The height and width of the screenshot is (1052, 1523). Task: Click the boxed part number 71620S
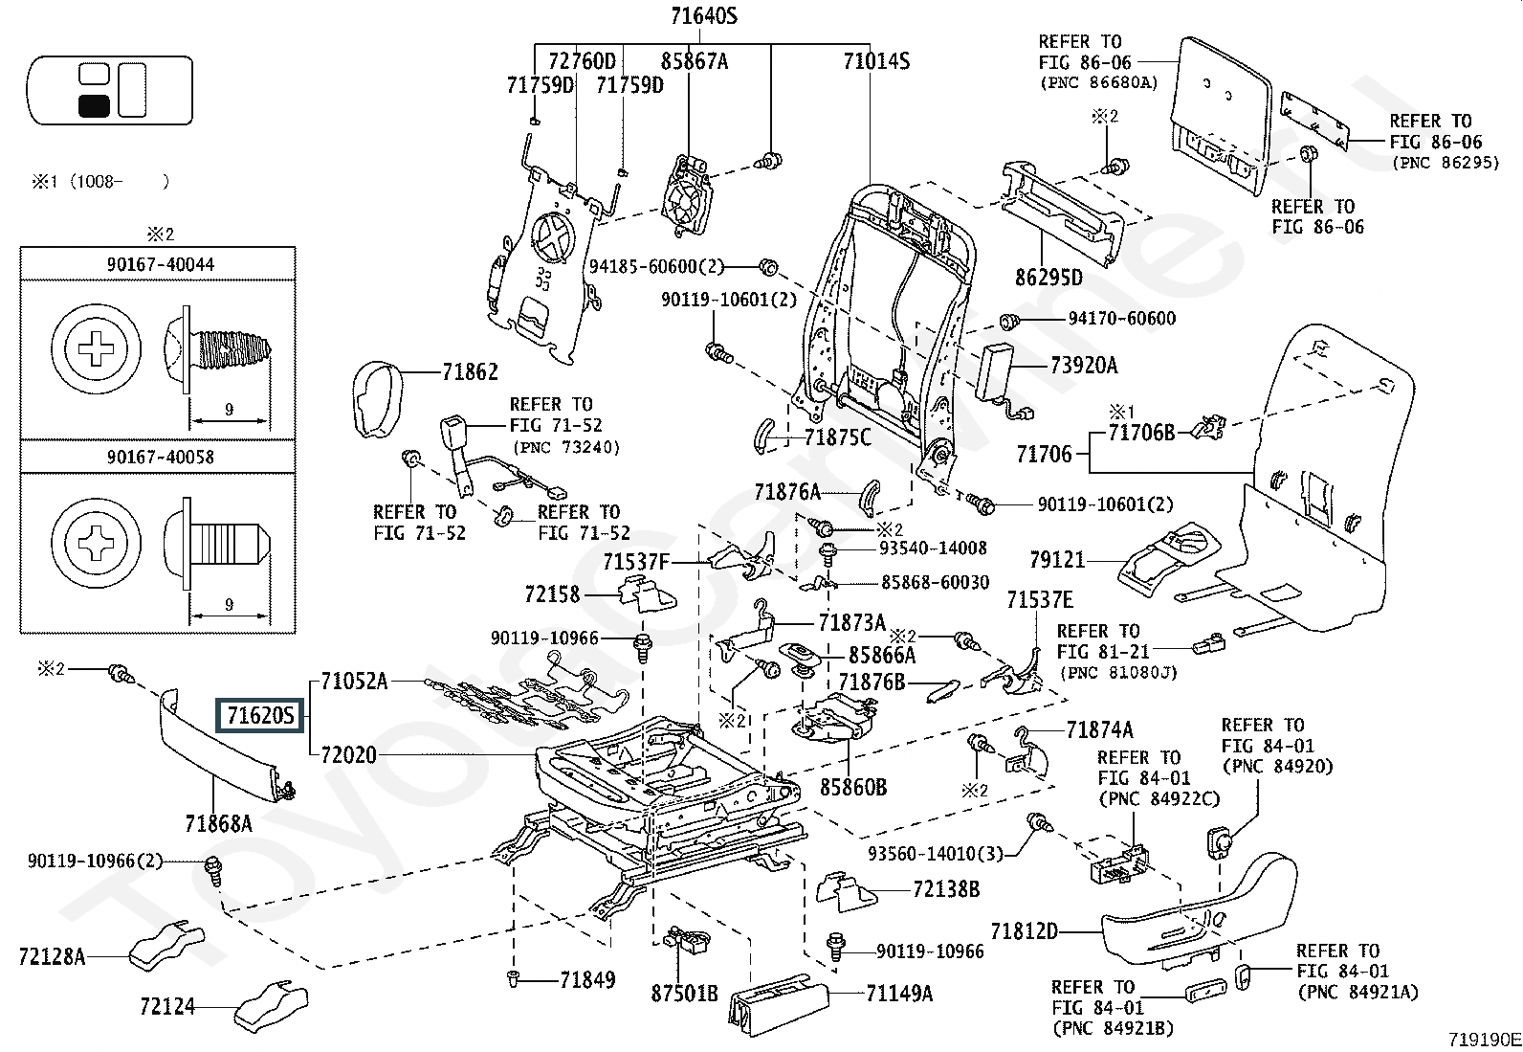click(260, 715)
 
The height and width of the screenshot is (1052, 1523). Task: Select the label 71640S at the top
click(703, 16)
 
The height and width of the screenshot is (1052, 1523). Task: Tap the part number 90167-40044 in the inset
click(160, 264)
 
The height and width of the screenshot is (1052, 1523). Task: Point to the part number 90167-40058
click(160, 457)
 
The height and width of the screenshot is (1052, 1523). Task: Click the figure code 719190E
click(1483, 1039)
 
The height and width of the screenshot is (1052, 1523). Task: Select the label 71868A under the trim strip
click(218, 823)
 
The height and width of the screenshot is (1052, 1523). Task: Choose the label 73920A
click(1083, 365)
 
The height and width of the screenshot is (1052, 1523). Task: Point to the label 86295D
click(1048, 279)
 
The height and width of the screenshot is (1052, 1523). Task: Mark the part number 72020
click(349, 755)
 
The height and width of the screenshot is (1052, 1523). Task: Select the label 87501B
click(684, 993)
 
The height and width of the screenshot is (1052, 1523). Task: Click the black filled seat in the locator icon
click(94, 104)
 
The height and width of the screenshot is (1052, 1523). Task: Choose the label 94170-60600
click(1121, 319)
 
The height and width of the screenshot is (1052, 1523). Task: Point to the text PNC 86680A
click(1098, 83)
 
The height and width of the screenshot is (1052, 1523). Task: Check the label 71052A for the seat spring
click(355, 682)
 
